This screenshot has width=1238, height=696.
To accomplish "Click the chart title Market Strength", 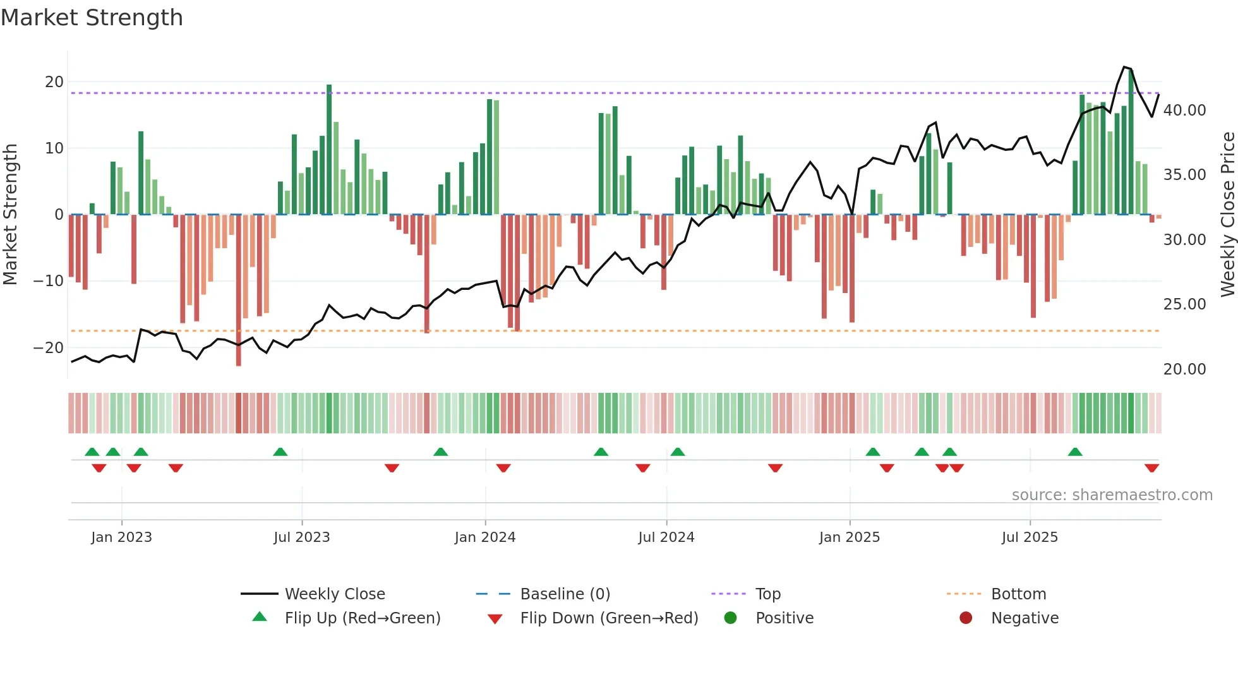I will click(x=92, y=18).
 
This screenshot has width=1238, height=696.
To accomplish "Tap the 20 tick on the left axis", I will click(x=54, y=82).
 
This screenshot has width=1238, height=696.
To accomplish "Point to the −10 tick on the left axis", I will click(x=49, y=281).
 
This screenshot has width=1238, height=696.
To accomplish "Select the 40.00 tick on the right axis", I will click(x=1184, y=111).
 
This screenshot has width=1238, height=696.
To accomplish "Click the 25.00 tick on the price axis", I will click(x=1184, y=304).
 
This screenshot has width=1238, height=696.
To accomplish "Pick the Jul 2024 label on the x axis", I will click(x=666, y=537).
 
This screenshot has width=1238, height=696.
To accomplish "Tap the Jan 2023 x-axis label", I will click(x=121, y=537).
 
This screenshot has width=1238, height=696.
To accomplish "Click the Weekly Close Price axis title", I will click(x=1227, y=215).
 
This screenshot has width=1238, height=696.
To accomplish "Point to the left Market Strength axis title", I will click(x=10, y=215).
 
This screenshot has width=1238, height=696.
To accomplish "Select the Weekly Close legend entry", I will click(x=334, y=594).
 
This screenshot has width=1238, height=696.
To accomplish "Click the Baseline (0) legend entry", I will click(x=565, y=594).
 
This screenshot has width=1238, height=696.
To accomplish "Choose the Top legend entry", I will click(x=767, y=594).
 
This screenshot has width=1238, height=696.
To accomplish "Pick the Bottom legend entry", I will click(x=1018, y=594).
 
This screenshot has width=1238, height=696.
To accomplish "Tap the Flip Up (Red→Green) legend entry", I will click(x=362, y=618).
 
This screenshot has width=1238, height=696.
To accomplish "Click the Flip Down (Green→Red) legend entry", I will click(x=609, y=618).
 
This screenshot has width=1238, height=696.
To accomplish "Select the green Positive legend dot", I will click(x=730, y=618).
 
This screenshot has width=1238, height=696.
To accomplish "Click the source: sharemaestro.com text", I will click(x=1112, y=495).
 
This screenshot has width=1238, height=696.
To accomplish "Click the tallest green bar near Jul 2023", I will click(x=329, y=149).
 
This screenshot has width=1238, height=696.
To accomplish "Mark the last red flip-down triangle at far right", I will click(x=1151, y=468).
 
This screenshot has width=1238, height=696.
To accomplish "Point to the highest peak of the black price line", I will click(x=1124, y=67).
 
